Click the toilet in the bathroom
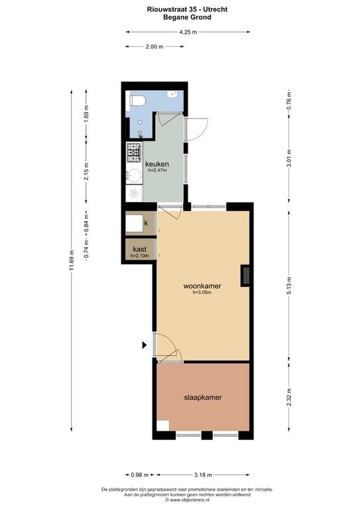pos(137,101)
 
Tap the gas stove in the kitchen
pos(134,153)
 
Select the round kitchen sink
pos(133,176)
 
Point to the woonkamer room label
pos(202,286)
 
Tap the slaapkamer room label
pos(203,398)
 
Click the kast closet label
pos(140,249)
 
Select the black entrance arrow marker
pos(145,345)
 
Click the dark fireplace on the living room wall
pos(245,276)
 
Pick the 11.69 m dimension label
pos(72,260)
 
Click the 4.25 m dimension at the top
pos(188,32)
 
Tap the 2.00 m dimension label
pos(154,46)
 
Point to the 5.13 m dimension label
pos(289,286)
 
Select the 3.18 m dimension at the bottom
pos(203,475)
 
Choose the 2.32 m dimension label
pos(289,397)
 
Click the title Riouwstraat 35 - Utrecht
pos(188,9)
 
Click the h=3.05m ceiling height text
pos(202,292)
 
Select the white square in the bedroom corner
pos(163,425)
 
